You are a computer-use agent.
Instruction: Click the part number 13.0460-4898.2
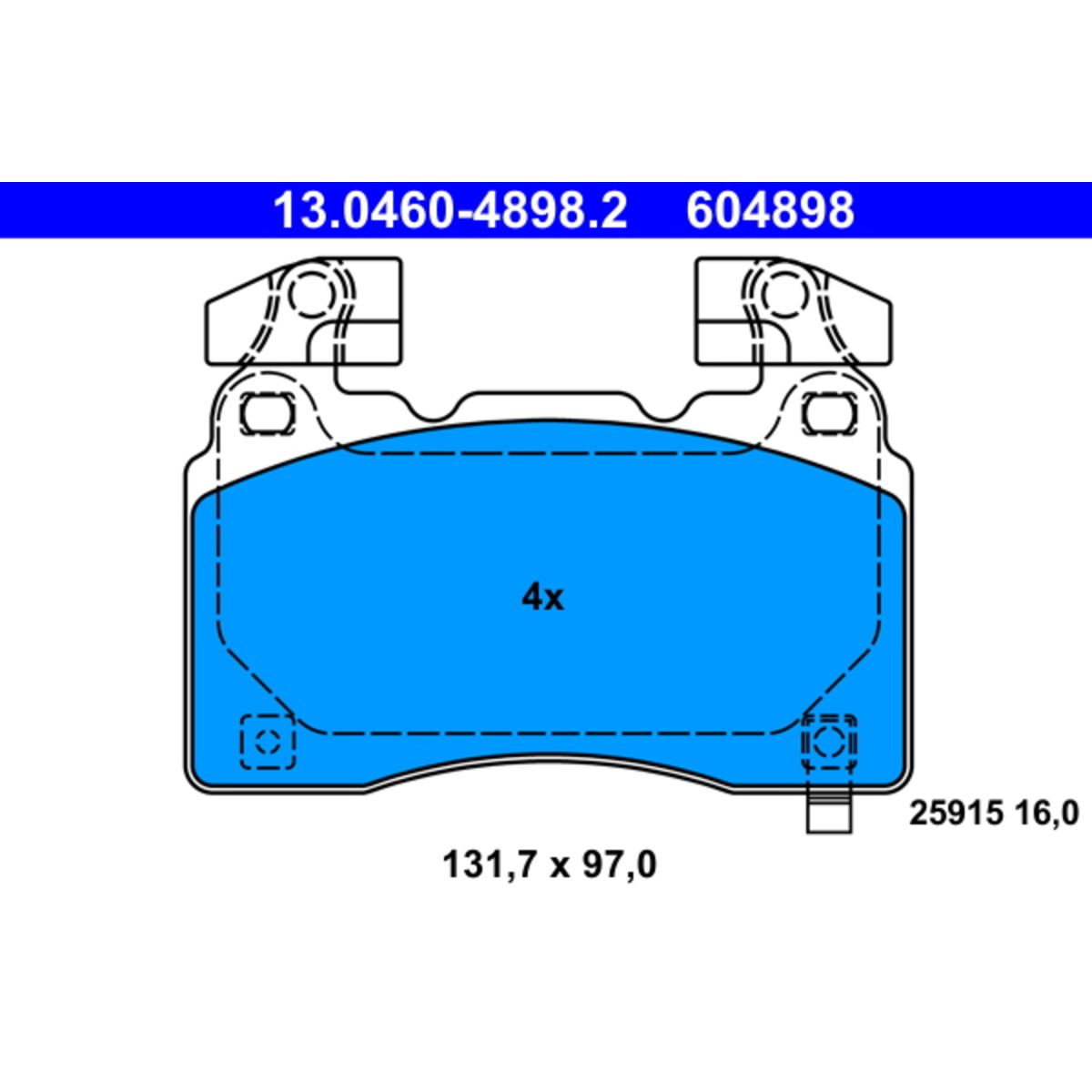point(450,210)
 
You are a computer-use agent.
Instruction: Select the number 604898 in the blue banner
point(770,210)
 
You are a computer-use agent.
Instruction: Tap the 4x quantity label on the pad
point(542,597)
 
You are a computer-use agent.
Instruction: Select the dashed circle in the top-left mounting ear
point(310,295)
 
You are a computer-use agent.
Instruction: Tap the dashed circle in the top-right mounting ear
point(783,295)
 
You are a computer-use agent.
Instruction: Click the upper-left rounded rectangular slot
point(268,413)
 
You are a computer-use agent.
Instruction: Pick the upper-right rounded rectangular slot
point(830,413)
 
